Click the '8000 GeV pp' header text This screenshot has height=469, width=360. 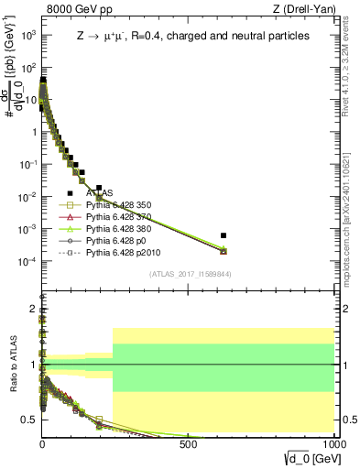[x=73, y=9]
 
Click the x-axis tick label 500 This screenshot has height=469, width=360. [x=189, y=443]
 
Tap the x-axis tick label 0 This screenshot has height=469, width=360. [x=42, y=443]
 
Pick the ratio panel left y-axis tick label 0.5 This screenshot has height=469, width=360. [x=27, y=420]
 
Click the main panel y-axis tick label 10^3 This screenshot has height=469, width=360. [x=27, y=34]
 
